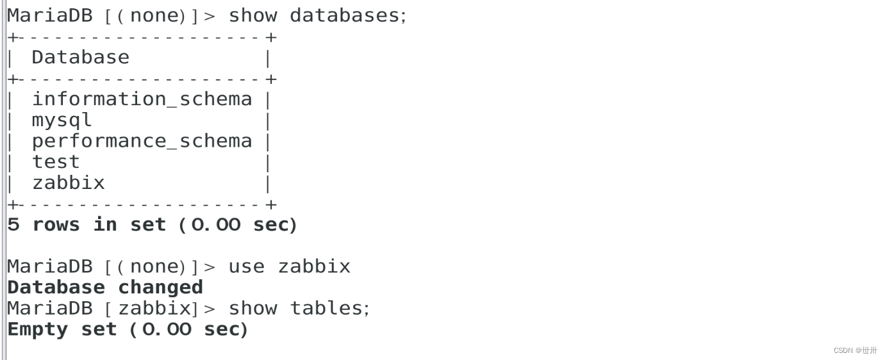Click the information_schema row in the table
pos(142,99)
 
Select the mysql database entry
pos(62,120)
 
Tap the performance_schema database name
pos(142,141)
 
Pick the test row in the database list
pos(56,162)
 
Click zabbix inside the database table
pos(68,183)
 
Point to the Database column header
pos(80,58)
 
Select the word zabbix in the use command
pos(314,266)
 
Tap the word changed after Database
pos(160,288)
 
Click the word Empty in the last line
pos(38,330)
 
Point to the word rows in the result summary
pos(56,225)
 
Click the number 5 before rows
pos(13,225)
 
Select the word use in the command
pos(247,266)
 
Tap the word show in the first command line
pos(253,15)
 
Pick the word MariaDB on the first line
pos(50,15)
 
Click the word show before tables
pos(253,309)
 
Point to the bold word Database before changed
pos(56,288)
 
